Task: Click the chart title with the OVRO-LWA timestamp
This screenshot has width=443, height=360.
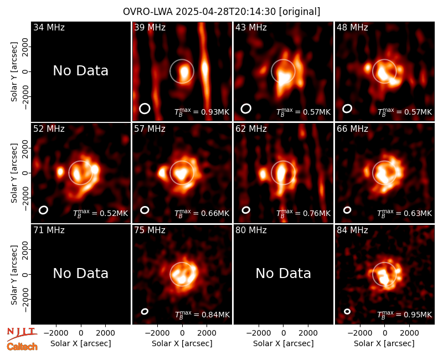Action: [x=221, y=12]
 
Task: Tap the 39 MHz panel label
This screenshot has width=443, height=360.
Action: [x=150, y=27]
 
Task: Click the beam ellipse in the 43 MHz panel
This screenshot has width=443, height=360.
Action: [x=246, y=109]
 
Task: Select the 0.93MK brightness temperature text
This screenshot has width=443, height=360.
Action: [x=202, y=112]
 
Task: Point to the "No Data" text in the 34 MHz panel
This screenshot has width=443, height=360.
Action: [x=80, y=71]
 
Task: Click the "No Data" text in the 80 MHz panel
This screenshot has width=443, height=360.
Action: [x=283, y=274]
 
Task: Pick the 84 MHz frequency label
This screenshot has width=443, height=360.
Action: [x=352, y=230]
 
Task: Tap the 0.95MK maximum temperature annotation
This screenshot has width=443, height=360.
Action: [x=405, y=315]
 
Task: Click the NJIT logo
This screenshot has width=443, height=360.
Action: [x=22, y=334]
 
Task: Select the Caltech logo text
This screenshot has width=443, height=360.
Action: [x=22, y=347]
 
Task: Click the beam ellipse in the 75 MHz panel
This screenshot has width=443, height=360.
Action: [x=145, y=311]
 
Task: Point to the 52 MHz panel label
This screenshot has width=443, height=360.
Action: [x=49, y=129]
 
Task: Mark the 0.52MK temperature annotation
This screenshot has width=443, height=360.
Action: [x=101, y=213]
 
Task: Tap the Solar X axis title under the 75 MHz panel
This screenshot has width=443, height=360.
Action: [x=182, y=343]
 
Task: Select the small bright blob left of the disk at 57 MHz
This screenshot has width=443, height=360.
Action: [x=162, y=172]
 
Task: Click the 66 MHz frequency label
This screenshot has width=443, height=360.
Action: [x=352, y=129]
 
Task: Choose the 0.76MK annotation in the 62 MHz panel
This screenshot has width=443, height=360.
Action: [x=303, y=213]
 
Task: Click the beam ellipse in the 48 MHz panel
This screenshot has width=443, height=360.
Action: [x=347, y=109]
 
